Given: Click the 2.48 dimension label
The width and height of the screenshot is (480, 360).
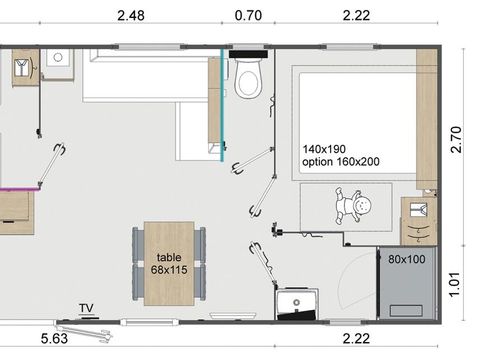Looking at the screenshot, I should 131,15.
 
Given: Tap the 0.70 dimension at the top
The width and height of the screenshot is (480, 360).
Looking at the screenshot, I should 247,15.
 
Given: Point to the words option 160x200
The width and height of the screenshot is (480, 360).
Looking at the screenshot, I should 345,162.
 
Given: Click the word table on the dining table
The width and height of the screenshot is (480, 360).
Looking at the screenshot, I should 169,256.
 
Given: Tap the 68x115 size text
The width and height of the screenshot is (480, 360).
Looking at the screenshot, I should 169,270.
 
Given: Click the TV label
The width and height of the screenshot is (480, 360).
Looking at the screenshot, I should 88,308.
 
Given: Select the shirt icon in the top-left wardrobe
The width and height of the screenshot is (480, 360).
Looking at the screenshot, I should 22,69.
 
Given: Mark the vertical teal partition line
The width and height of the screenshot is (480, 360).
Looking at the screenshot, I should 222,100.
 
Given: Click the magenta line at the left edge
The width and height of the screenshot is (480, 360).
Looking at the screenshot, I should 18,187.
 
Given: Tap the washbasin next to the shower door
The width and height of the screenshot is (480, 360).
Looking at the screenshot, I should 297,303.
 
